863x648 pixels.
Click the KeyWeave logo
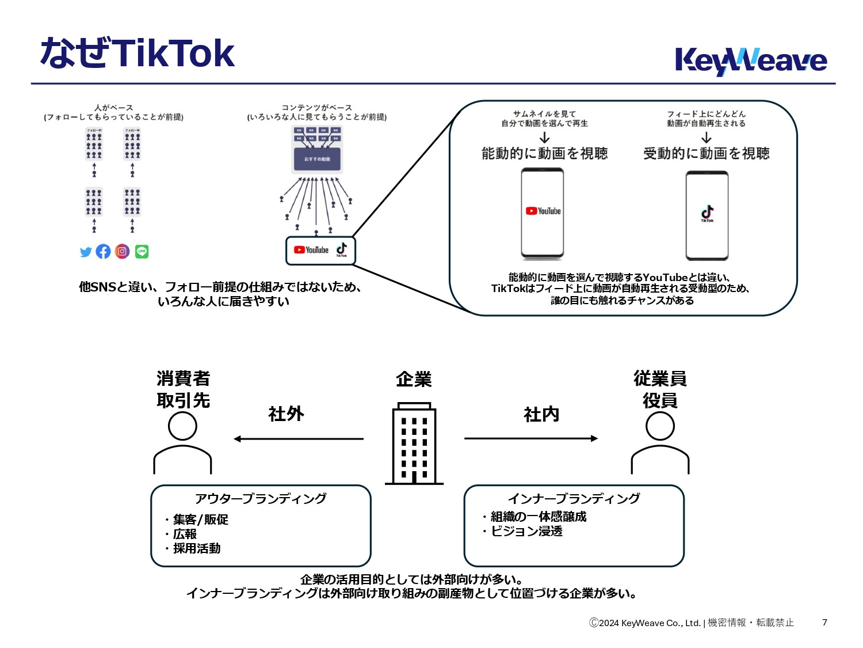coord(750,60)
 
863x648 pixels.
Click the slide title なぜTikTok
coord(137,53)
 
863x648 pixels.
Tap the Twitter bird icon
coord(86,252)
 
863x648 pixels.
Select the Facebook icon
coord(104,251)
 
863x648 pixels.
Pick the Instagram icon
coord(122,251)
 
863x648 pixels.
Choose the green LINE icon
coord(142,251)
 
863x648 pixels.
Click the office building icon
coord(414,444)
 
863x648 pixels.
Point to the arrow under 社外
coord(298,439)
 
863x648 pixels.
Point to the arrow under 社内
coord(530,438)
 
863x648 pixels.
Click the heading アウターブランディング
coord(261,498)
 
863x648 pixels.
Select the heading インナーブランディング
coord(574,498)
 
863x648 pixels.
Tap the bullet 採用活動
coord(196,548)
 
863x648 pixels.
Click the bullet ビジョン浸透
coord(526,531)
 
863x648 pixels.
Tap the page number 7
coord(824,622)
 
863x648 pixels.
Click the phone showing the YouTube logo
coord(543,213)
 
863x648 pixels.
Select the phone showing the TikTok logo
coord(707,215)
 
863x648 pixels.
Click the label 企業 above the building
coord(414,379)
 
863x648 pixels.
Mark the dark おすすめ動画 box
coord(317,159)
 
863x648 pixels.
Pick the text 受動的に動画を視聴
coord(706,153)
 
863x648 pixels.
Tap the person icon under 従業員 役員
coord(660,444)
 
